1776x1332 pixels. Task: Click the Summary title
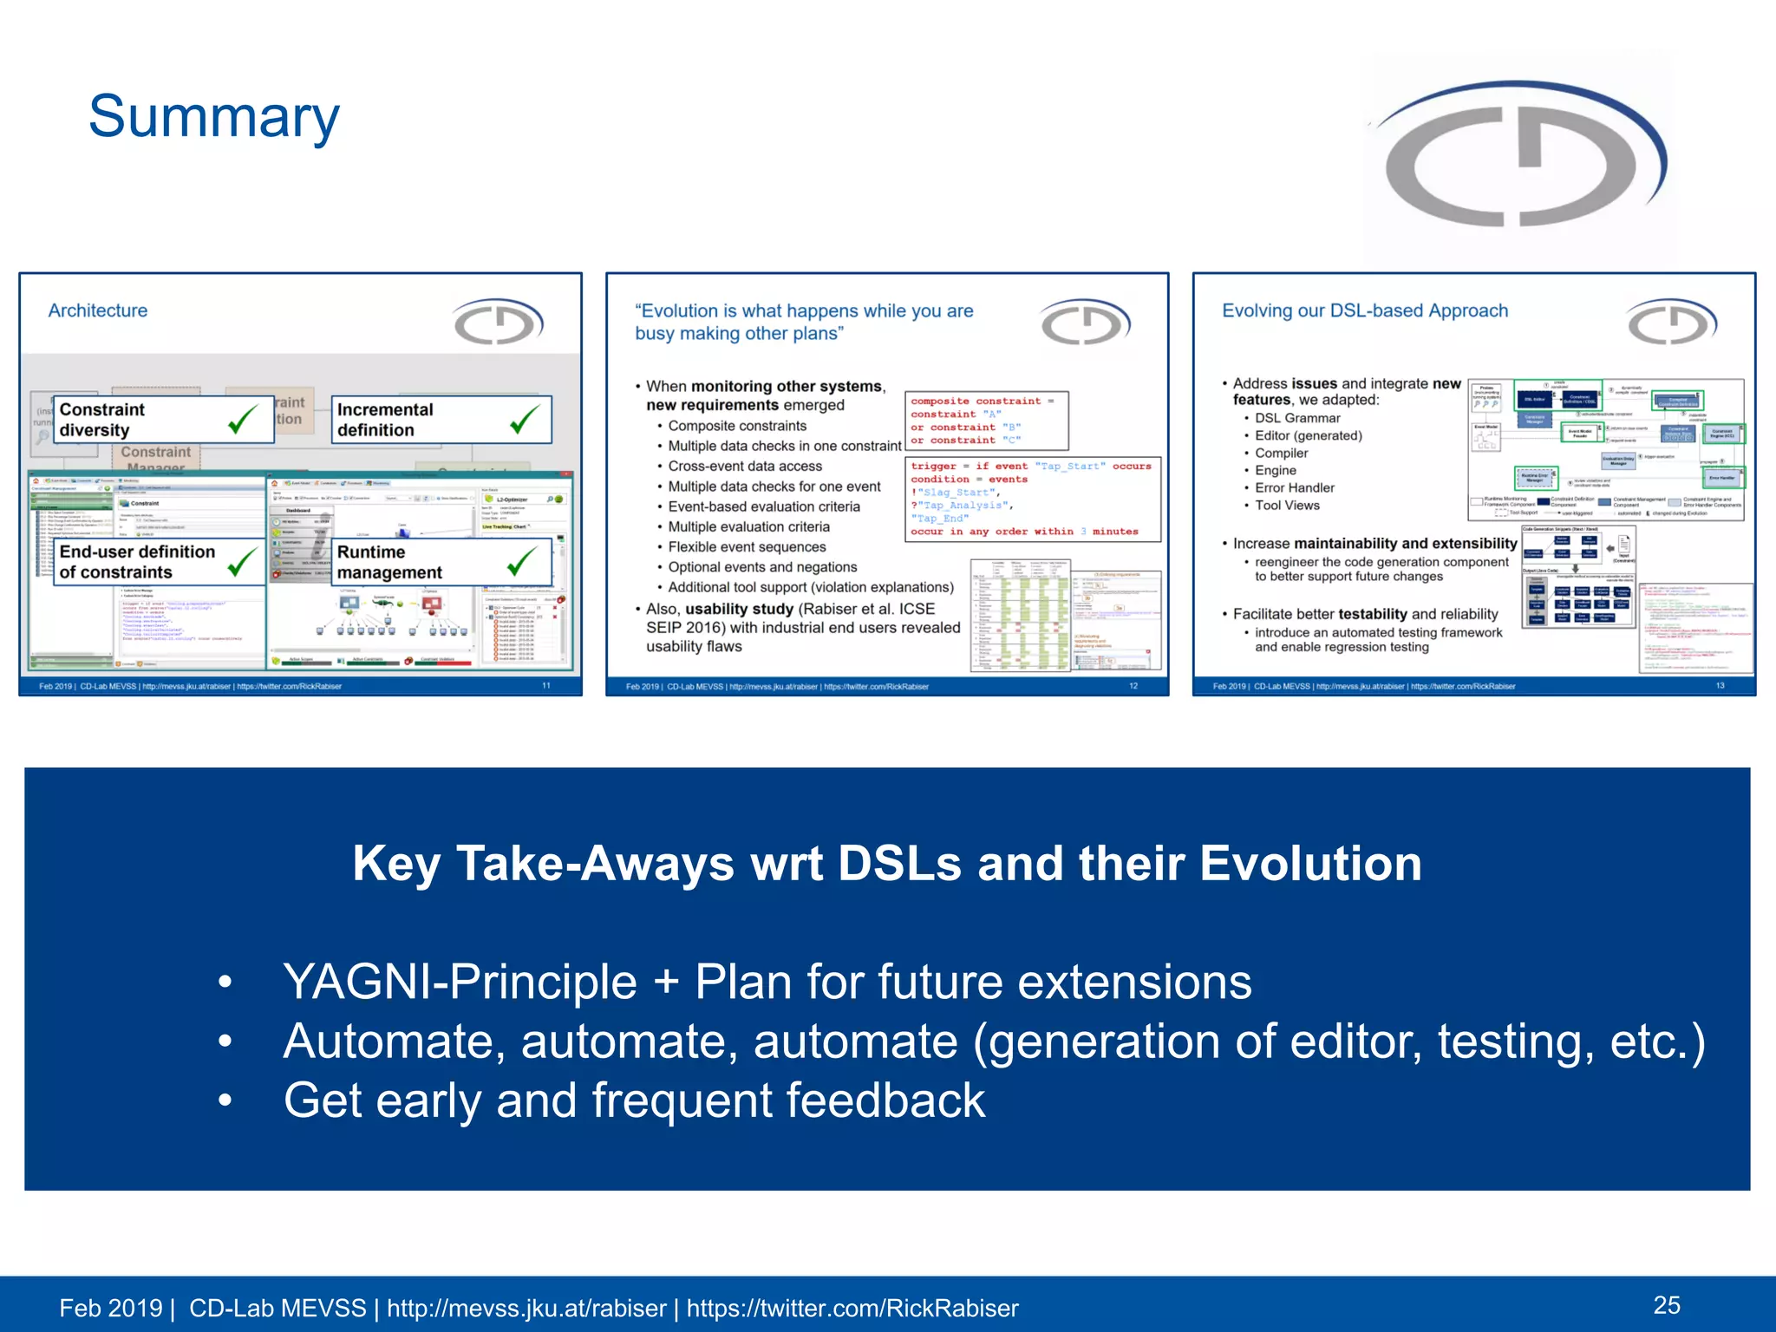click(x=213, y=117)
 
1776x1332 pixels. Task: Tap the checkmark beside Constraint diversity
click(x=243, y=420)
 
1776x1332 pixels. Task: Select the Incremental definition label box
click(x=441, y=420)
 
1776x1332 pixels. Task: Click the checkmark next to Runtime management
click(x=522, y=562)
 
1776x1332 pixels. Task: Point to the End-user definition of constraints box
click(x=159, y=562)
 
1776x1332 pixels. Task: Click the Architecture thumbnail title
click(x=98, y=310)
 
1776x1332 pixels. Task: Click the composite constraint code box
click(x=986, y=421)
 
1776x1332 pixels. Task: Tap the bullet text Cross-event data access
click(x=744, y=467)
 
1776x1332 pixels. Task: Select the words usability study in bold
click(x=739, y=609)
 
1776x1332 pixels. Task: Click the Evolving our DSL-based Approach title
click(x=1364, y=310)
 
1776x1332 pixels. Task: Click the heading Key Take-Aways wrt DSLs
click(x=886, y=864)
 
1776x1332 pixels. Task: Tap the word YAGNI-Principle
click(x=460, y=983)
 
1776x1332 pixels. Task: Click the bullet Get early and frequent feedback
click(x=633, y=1100)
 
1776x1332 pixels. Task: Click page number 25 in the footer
click(x=1666, y=1305)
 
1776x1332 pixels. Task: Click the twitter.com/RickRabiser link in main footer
click(x=852, y=1308)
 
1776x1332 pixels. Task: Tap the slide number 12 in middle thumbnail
click(x=1133, y=686)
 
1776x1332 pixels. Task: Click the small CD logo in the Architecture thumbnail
click(x=498, y=322)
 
